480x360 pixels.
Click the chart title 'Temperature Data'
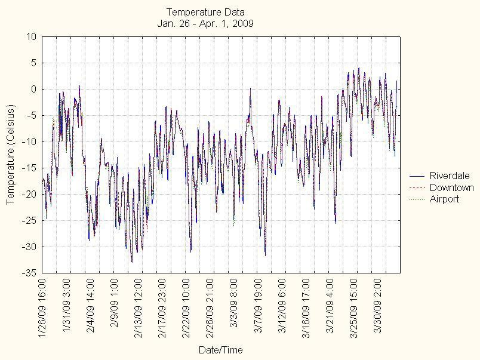(x=205, y=12)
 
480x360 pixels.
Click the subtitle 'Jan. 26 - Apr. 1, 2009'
(x=205, y=23)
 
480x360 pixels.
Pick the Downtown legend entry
(x=451, y=187)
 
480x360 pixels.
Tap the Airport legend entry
(x=444, y=199)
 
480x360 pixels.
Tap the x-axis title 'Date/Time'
(x=221, y=350)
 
